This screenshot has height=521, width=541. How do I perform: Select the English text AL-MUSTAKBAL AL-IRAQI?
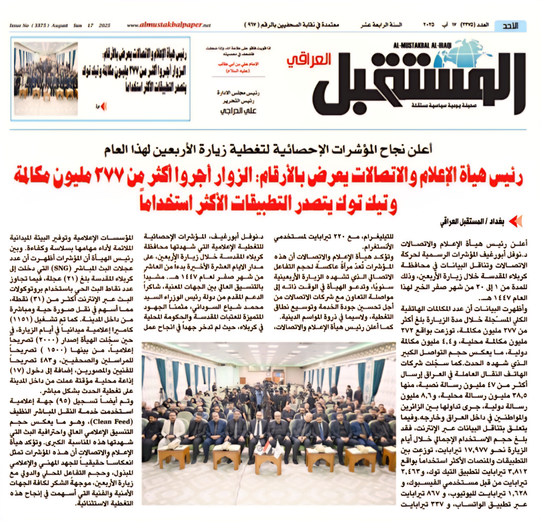[x=422, y=45]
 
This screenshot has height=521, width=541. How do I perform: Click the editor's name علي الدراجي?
[x=238, y=111]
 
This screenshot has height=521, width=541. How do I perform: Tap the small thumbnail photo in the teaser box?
[x=46, y=78]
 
